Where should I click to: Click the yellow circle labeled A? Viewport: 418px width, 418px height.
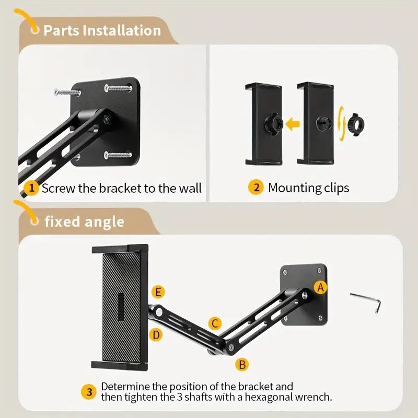320,287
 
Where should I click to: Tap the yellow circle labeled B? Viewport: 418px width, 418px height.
242,364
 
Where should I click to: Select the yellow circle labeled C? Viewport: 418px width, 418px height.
215,323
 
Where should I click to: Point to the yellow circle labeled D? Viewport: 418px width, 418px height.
156,335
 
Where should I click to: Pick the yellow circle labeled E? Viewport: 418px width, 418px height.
158,292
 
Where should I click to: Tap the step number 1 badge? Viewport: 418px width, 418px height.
31,188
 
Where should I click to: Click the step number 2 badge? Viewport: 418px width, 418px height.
256,188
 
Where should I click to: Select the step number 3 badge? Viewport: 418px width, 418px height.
89,392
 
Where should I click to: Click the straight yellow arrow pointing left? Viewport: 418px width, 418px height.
293,124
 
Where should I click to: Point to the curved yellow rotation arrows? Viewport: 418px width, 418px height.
342,123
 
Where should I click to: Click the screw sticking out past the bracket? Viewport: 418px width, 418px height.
67,92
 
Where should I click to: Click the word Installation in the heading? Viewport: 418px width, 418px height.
122,30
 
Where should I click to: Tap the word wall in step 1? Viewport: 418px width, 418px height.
190,188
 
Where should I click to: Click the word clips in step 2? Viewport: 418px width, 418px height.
336,188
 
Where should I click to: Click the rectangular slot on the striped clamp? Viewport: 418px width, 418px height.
121,307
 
